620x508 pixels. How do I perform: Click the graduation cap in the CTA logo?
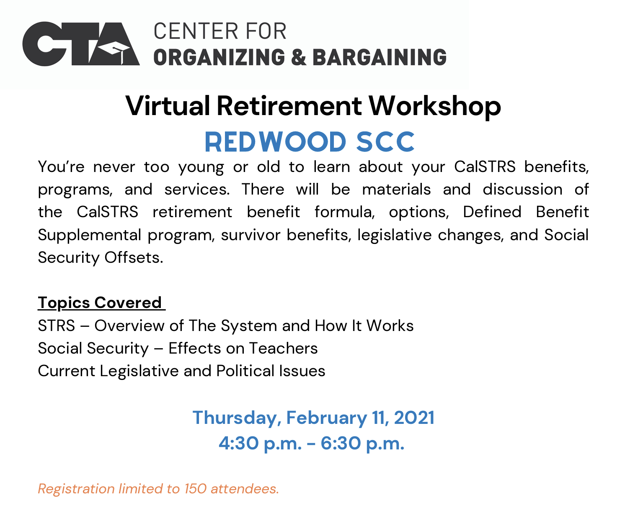(114, 51)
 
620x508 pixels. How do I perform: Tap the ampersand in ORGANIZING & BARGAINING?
(298, 57)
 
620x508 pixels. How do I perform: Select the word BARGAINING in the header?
(379, 57)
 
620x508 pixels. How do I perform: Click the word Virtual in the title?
(167, 106)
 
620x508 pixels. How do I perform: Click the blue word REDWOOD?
(275, 142)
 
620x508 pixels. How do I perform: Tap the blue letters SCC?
(385, 142)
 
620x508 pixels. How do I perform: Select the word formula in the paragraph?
(344, 212)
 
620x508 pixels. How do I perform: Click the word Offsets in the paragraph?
(134, 257)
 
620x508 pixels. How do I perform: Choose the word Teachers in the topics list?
(283, 348)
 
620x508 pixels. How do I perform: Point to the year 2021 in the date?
(414, 418)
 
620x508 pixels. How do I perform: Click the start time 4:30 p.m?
(260, 444)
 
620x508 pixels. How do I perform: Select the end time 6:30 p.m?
(362, 444)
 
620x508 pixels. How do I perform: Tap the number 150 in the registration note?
(195, 489)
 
